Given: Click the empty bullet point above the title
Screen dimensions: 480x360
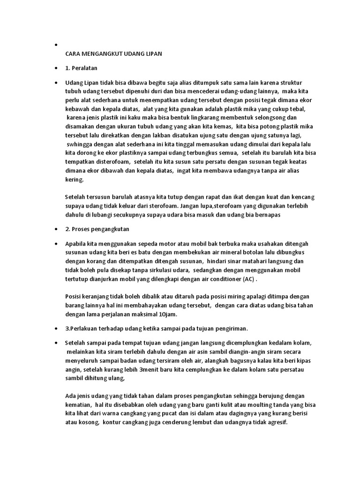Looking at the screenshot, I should pyautogui.click(x=56, y=45).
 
